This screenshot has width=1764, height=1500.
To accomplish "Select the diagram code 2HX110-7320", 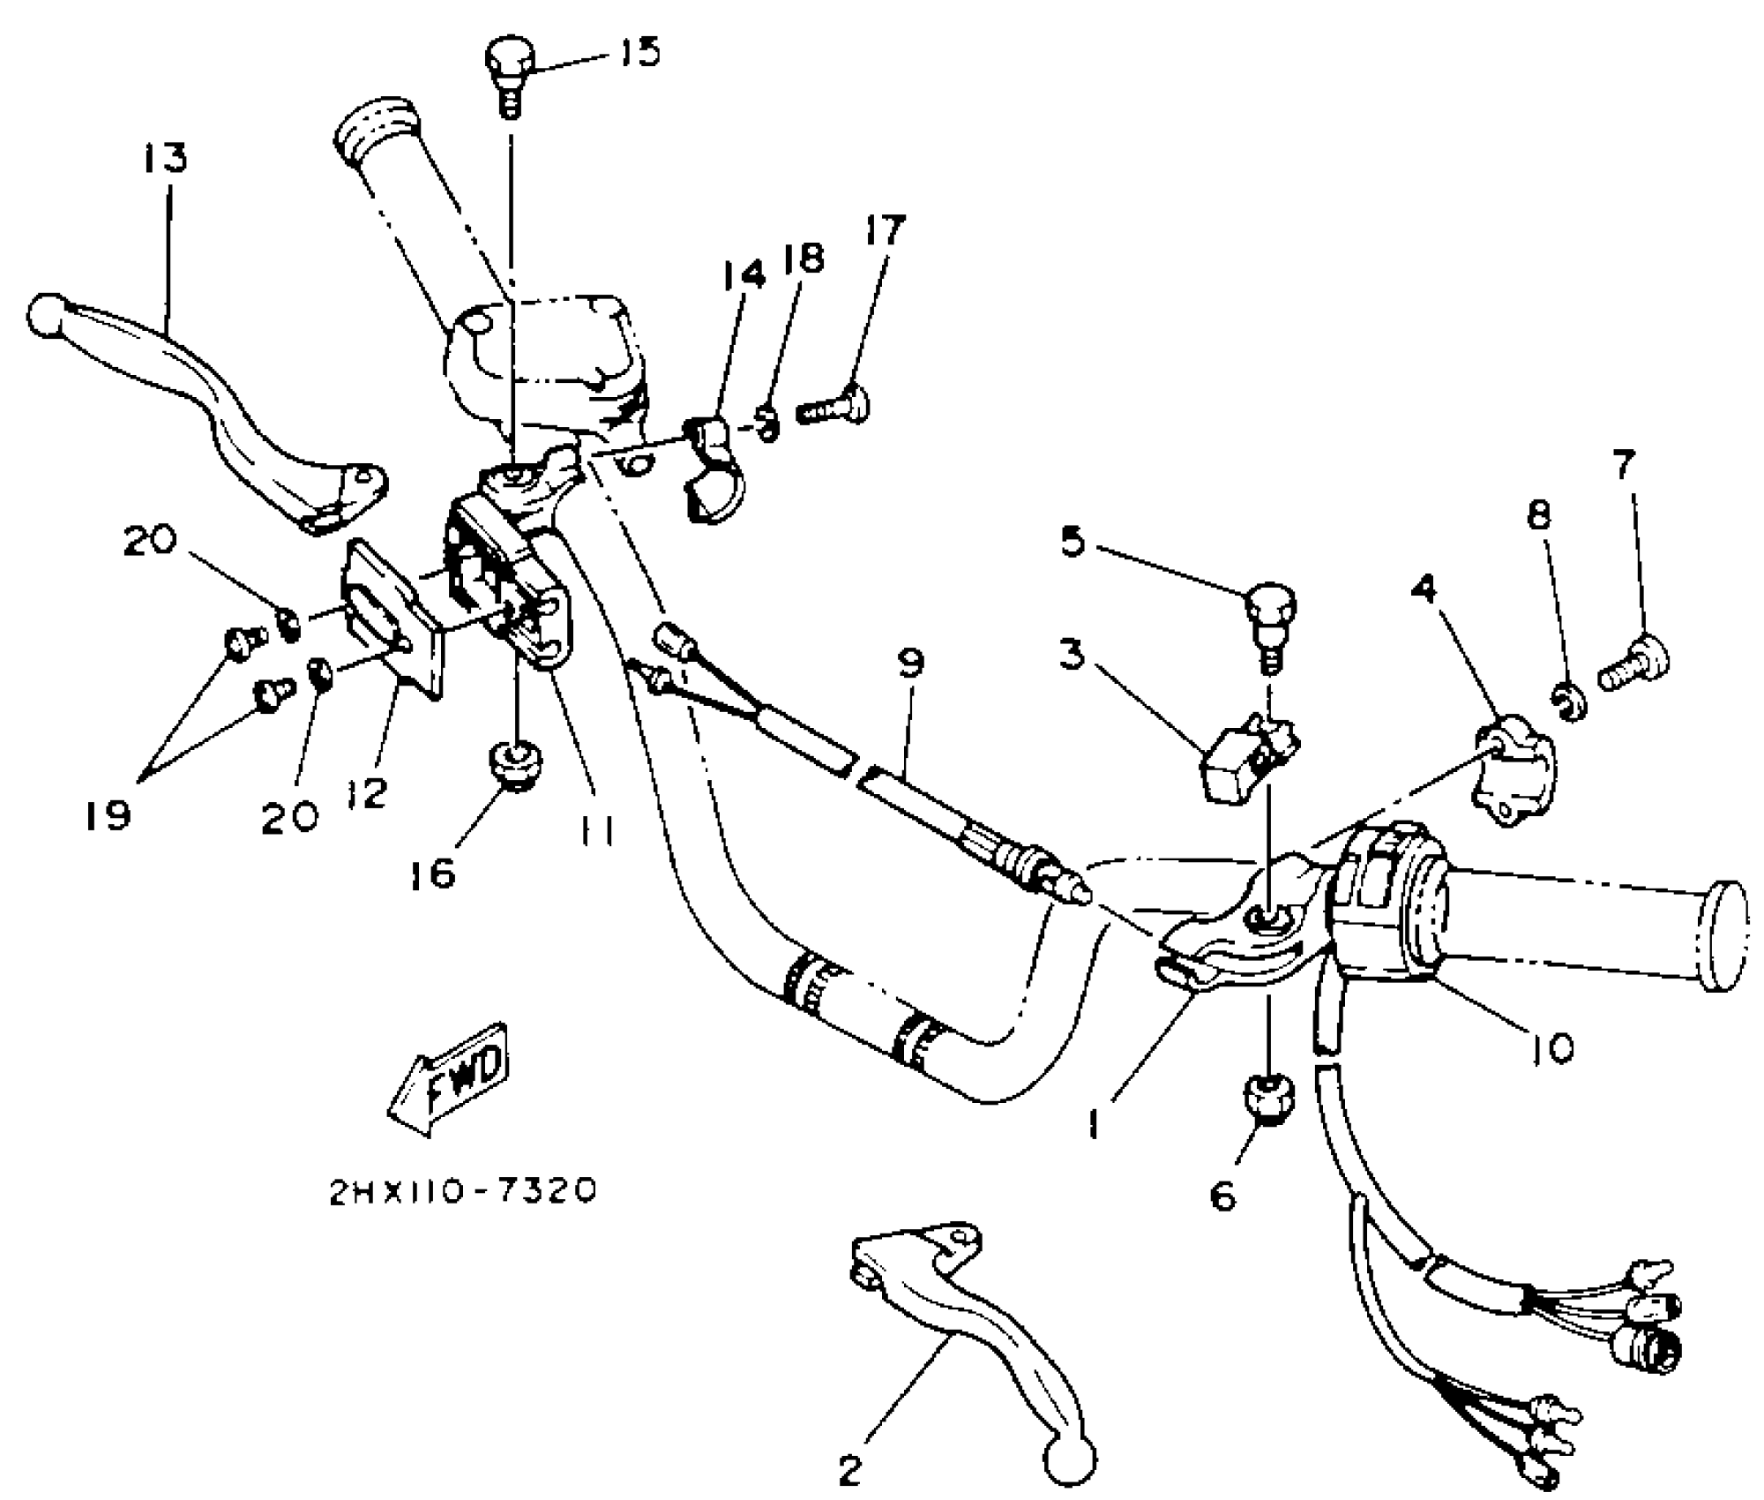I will click(463, 1192).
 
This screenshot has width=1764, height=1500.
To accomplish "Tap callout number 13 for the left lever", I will click(165, 160).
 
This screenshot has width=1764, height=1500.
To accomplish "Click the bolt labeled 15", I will click(510, 71).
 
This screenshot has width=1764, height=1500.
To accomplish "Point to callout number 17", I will click(885, 230).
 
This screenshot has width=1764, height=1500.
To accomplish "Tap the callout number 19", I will click(108, 814).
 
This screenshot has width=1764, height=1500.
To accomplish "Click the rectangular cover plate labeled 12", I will click(392, 618).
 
